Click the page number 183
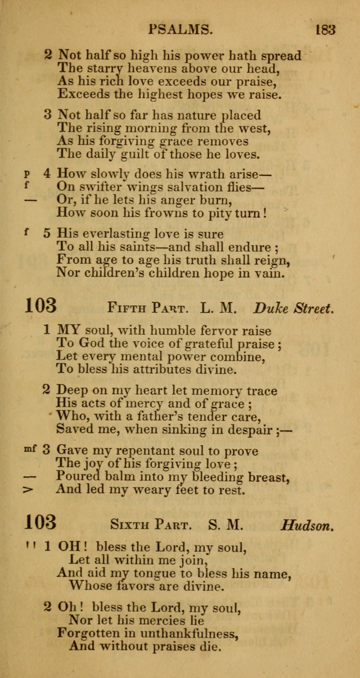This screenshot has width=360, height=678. click(325, 29)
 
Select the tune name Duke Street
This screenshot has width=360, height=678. click(294, 308)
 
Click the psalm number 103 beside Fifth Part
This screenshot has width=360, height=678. click(40, 306)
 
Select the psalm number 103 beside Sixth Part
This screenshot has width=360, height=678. click(40, 523)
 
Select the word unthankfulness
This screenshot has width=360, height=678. click(191, 634)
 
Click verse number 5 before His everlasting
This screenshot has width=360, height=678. click(48, 233)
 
